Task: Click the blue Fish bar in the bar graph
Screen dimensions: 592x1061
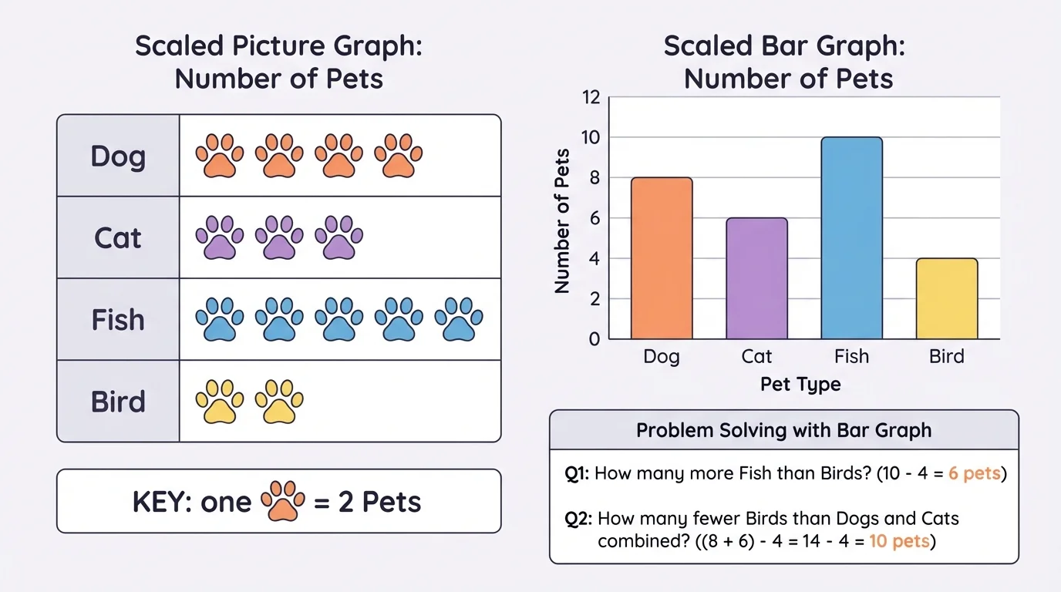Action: click(851, 239)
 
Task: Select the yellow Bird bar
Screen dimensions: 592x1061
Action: click(946, 299)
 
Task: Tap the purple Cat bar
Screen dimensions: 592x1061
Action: click(756, 279)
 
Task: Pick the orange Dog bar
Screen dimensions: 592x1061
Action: click(662, 259)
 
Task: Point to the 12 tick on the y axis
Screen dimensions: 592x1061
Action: click(591, 98)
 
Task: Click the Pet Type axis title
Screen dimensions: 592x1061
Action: click(800, 383)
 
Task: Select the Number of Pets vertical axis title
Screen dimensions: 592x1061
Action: click(562, 221)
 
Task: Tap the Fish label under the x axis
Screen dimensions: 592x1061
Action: click(851, 356)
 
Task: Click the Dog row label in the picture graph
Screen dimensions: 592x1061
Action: click(118, 156)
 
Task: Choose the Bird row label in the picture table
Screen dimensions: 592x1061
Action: click(118, 402)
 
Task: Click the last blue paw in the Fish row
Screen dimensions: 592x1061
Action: click(459, 319)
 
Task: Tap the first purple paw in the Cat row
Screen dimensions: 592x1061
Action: click(219, 237)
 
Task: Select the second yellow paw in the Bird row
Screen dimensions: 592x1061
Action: click(279, 401)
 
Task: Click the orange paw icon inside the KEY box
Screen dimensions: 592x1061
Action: click(284, 501)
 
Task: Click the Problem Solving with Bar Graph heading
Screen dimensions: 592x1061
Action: click(783, 431)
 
